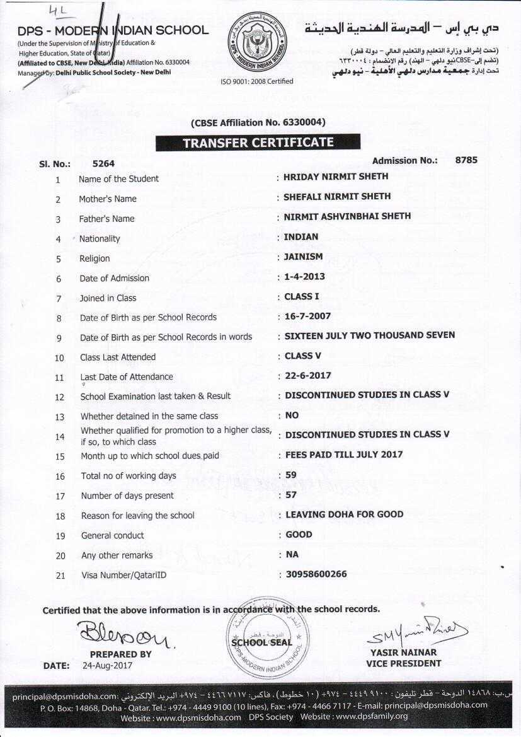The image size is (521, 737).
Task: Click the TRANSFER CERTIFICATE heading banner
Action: point(258,143)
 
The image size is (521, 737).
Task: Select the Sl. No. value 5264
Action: point(103,164)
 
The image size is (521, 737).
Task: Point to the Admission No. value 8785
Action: point(466,160)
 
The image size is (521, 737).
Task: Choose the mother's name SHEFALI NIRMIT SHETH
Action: point(337,196)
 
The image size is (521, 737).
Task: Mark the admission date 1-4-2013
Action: point(305,277)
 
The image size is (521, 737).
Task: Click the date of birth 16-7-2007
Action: point(307,316)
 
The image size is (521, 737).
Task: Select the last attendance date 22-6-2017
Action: point(308,376)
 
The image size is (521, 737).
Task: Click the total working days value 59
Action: point(291,475)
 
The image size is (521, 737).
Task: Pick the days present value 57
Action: point(291,495)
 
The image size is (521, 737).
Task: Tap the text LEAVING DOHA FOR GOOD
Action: point(345,514)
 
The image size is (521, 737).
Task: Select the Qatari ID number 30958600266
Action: point(316,574)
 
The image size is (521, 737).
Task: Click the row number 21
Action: point(60,575)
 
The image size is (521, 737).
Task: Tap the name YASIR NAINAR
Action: point(403,653)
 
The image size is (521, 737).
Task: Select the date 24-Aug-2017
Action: point(108,665)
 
